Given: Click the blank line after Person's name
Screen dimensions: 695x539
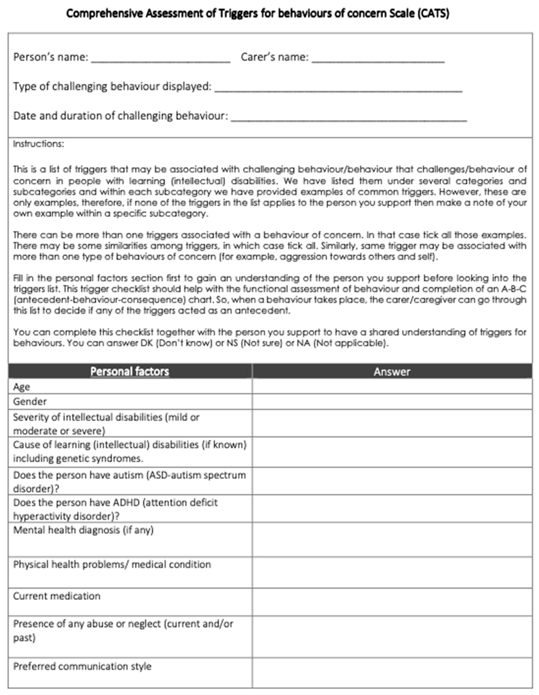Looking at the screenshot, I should [161, 60].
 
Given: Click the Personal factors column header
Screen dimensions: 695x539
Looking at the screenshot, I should [130, 371].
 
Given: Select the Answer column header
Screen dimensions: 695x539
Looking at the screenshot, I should [392, 371].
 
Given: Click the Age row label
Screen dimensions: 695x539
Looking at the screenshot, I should [22, 387].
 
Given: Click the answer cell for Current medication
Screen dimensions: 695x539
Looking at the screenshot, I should [392, 602].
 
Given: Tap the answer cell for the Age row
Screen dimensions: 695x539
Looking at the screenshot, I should [392, 386].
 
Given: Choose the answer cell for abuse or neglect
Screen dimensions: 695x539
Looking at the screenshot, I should [392, 637].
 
